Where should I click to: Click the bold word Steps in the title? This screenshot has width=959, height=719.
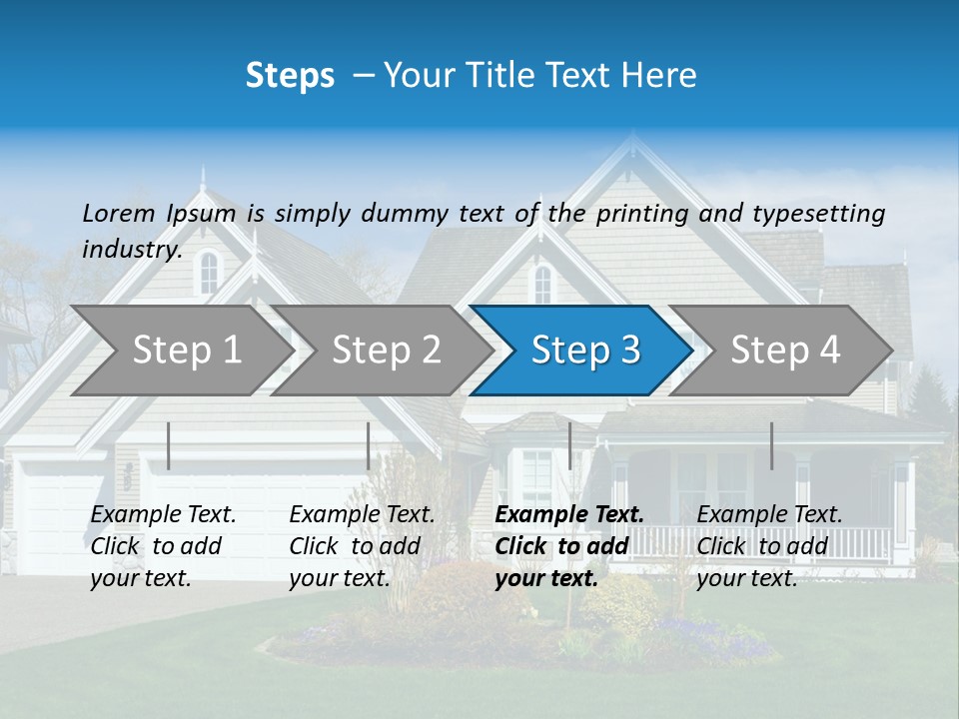(x=290, y=76)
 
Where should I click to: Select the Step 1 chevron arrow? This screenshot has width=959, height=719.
(x=180, y=351)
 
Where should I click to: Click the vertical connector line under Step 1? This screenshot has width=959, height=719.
(x=169, y=445)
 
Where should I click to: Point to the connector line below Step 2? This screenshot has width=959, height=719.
(x=369, y=445)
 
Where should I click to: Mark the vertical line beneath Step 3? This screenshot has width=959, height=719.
(x=569, y=445)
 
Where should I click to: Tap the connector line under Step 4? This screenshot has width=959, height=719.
(x=771, y=445)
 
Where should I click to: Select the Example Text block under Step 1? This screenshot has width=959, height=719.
(x=163, y=546)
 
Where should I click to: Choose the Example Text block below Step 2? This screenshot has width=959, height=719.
(x=362, y=546)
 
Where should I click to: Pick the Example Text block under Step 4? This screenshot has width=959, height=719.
(x=769, y=546)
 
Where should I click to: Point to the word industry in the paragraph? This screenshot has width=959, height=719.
(x=131, y=250)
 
